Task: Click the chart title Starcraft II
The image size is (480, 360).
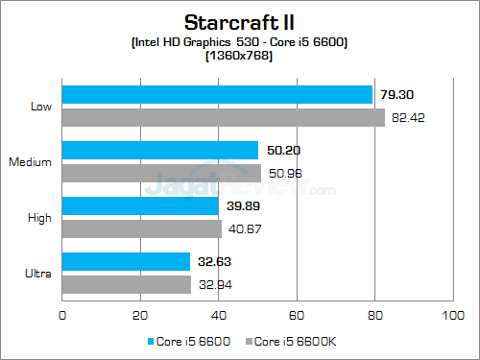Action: point(239,20)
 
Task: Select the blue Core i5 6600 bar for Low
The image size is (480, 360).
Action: point(217,94)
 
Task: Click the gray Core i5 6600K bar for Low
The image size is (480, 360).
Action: point(223,117)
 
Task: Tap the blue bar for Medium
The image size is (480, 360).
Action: point(160,150)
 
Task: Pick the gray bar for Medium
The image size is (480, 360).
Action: point(161,173)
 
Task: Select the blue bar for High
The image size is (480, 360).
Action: point(140,205)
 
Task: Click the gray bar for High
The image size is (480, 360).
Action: point(141,228)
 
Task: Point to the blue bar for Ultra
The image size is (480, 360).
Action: point(126,261)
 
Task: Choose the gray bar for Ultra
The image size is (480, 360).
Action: point(127,284)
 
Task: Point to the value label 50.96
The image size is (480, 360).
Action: point(285,174)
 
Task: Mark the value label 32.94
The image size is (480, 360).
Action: point(215,285)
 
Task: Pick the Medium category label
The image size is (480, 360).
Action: point(30,161)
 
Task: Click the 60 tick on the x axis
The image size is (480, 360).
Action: point(297,315)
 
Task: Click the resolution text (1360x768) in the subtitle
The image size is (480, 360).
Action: point(239,56)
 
